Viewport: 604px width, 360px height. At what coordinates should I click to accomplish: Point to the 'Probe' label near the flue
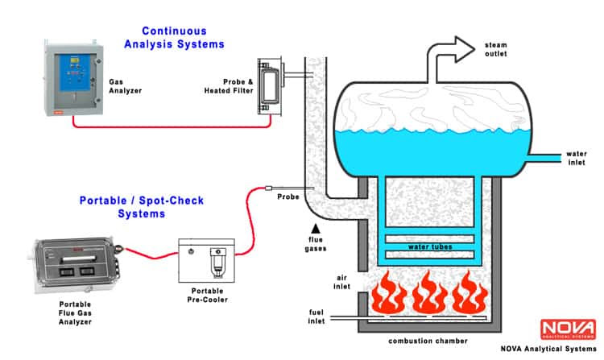(x=288, y=197)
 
